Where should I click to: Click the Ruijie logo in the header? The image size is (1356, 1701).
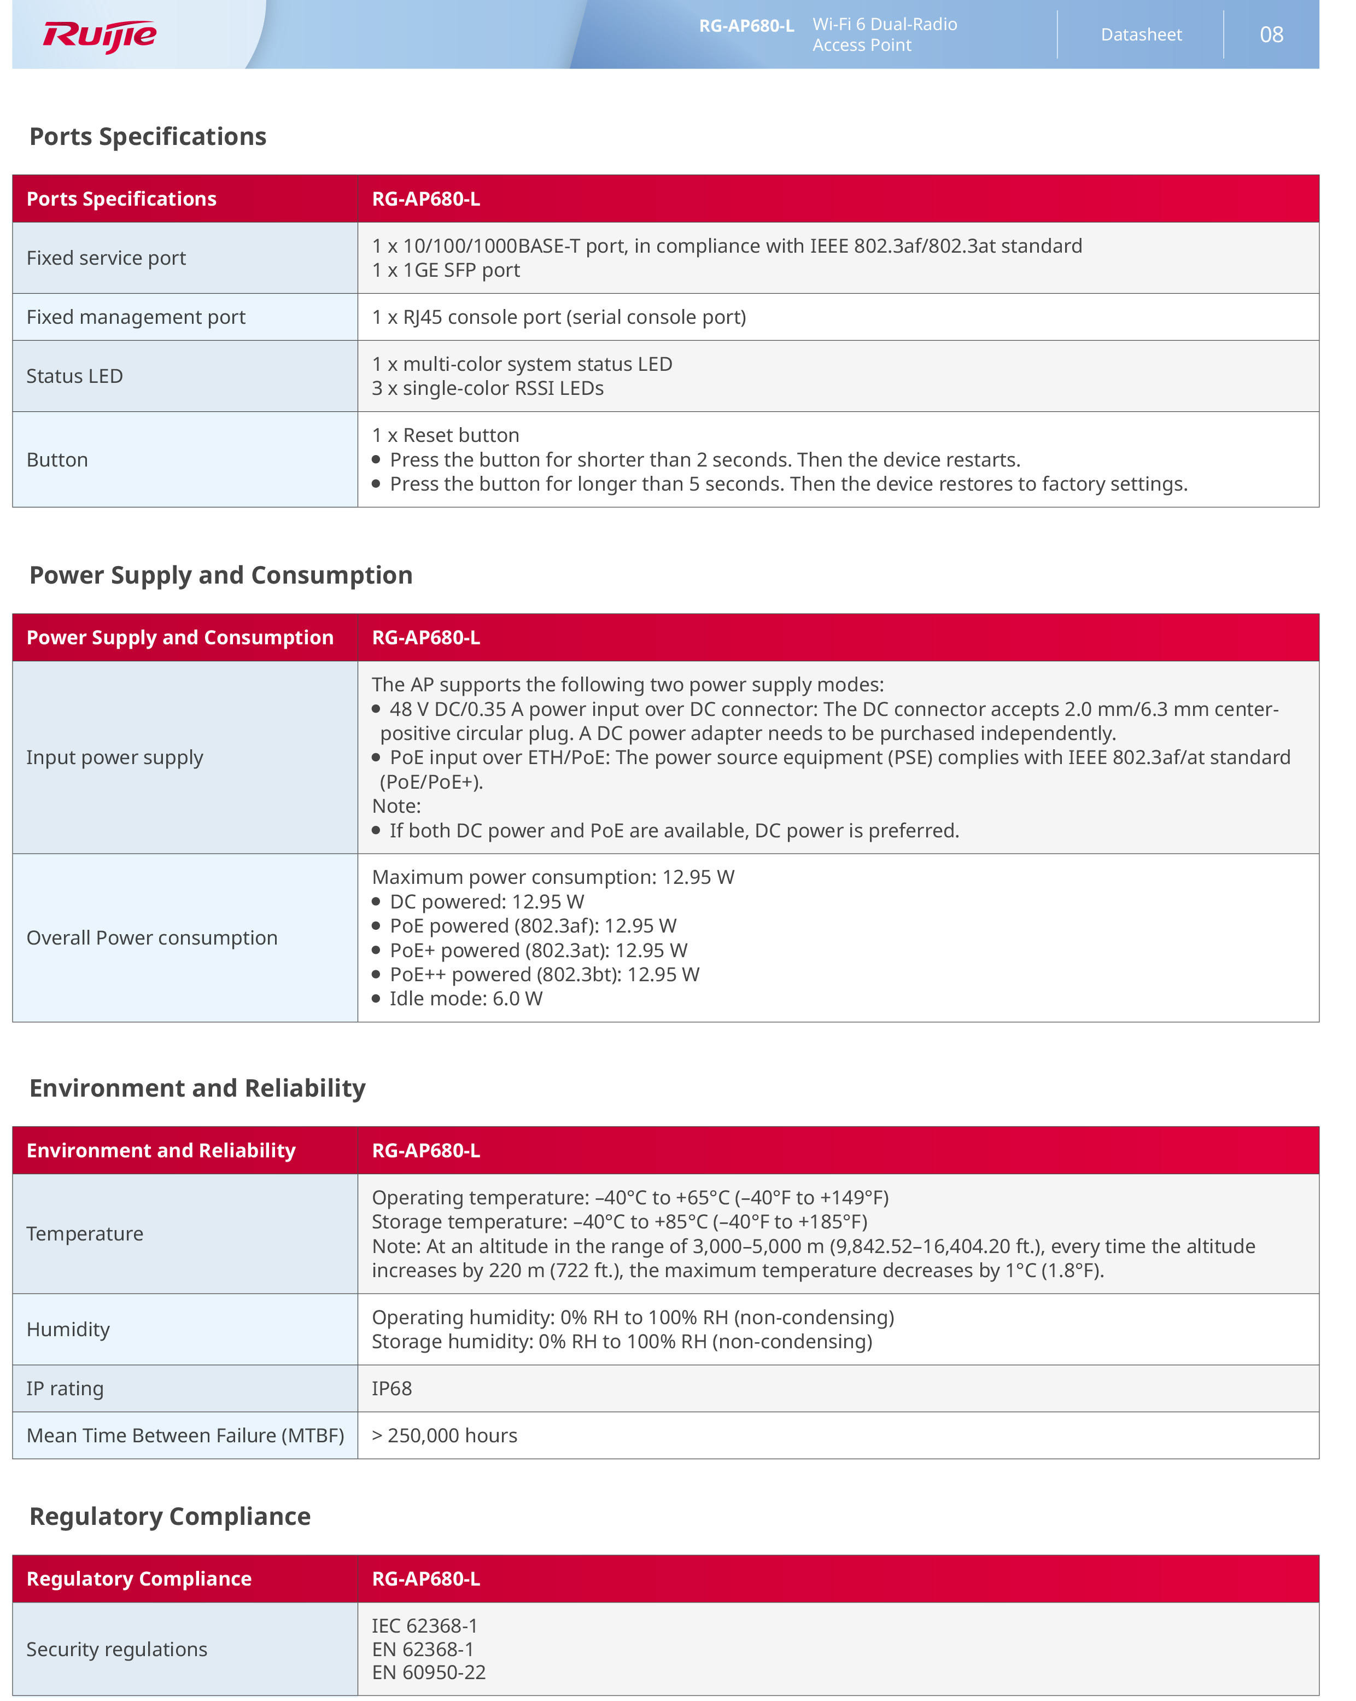tap(100, 36)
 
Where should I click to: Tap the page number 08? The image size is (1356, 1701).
tap(1271, 34)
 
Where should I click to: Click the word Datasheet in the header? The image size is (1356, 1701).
tap(1141, 34)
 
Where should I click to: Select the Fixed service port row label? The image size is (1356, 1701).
tap(107, 258)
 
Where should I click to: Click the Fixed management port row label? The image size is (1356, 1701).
tap(136, 317)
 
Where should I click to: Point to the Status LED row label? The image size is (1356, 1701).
tap(75, 376)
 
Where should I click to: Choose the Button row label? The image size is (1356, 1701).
tap(57, 460)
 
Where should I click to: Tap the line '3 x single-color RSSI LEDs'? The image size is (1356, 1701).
tap(488, 388)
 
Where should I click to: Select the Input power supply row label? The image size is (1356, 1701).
tap(114, 758)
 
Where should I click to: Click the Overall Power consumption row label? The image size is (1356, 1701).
tap(152, 938)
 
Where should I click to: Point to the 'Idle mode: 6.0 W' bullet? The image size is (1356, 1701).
tap(465, 999)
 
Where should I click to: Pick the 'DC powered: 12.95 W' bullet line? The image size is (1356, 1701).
tap(487, 902)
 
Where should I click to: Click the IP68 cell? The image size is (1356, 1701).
tap(392, 1389)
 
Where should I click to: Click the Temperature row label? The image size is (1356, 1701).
tap(85, 1234)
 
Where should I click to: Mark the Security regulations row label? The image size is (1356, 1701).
tap(117, 1650)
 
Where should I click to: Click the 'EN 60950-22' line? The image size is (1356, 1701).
tap(428, 1673)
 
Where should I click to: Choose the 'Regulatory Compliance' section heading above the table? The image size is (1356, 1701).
tap(169, 1516)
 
